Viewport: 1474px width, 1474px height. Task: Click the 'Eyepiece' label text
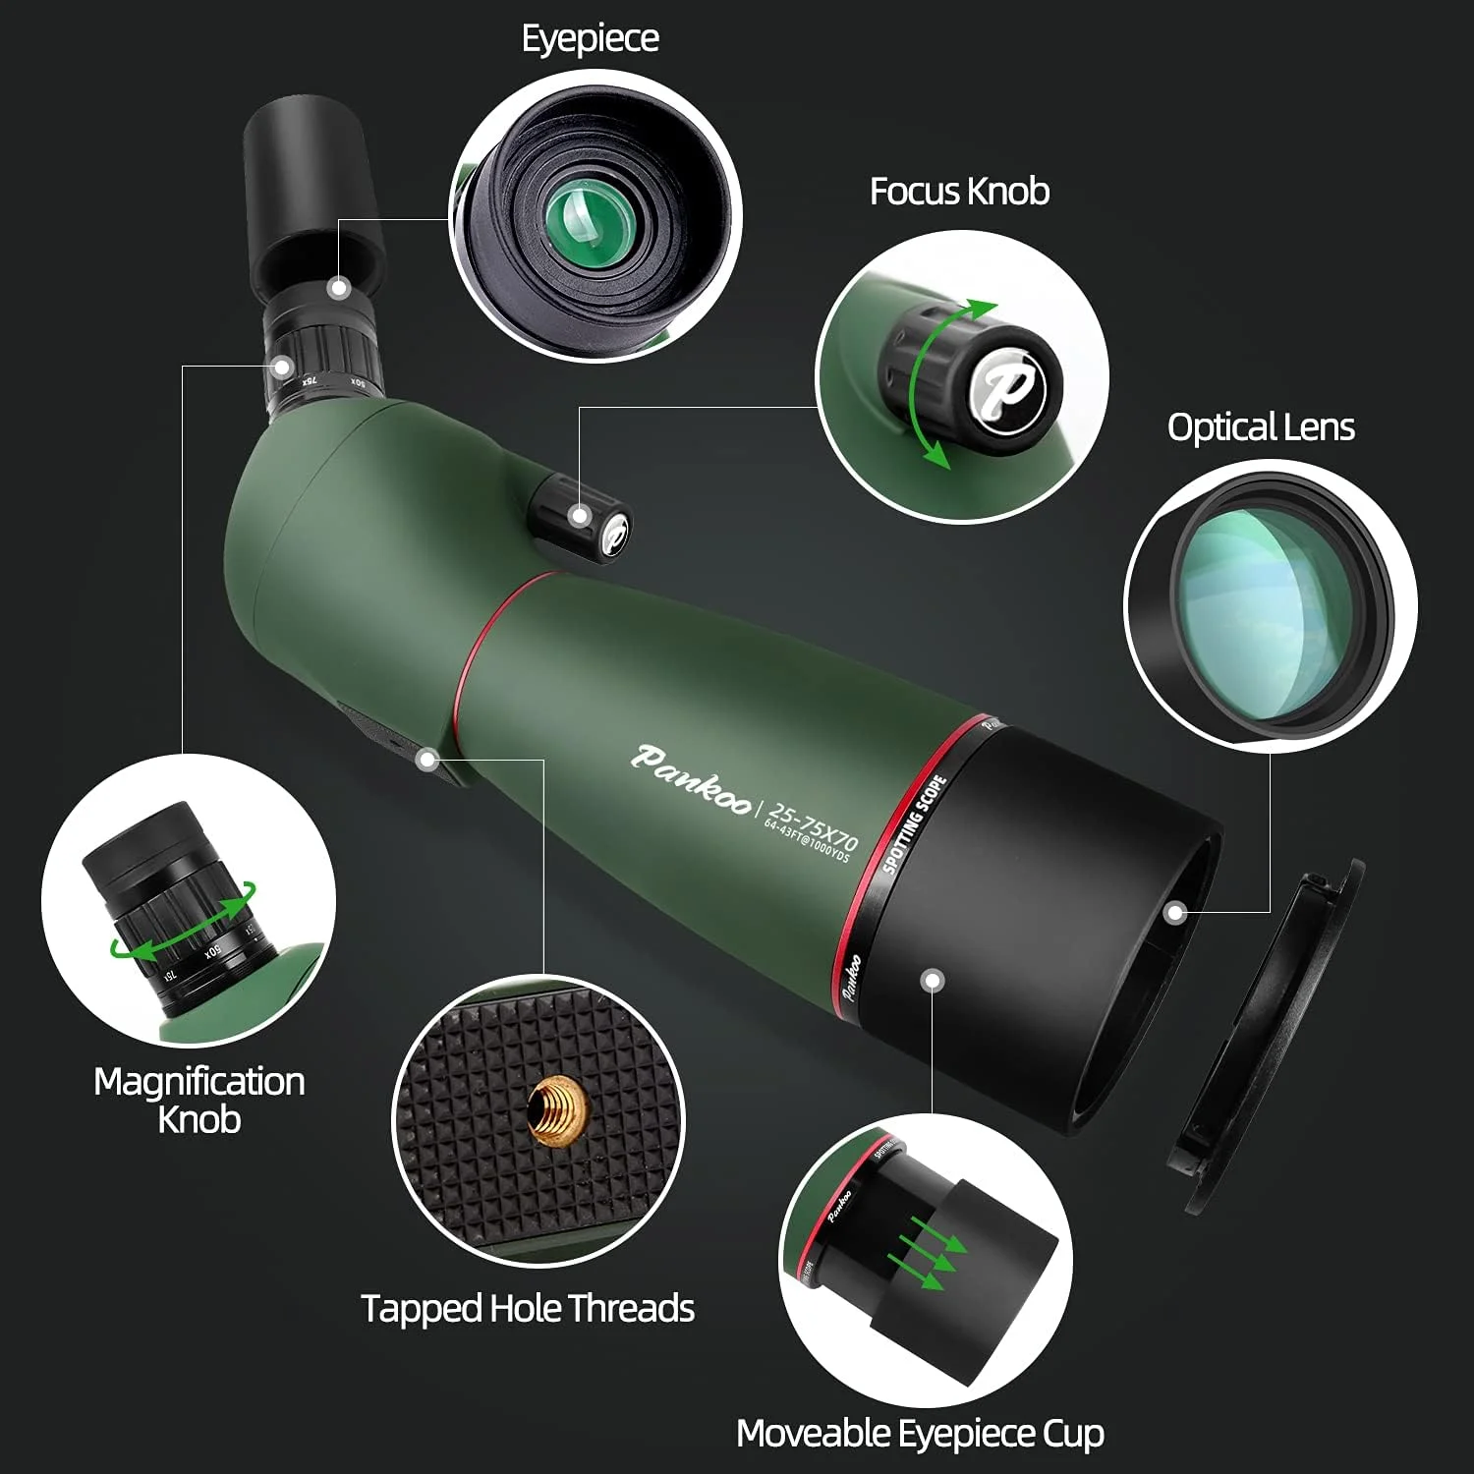590,39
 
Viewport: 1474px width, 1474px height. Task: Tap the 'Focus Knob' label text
959,191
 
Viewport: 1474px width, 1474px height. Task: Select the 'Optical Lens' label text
1261,426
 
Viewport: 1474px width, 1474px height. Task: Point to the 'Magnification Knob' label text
199,1100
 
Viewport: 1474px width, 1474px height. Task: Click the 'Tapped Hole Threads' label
528,1308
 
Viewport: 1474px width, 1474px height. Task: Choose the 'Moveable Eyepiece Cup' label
920,1433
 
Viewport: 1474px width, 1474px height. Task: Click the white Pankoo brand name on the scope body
692,774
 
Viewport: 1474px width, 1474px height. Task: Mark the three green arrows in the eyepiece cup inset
927,1253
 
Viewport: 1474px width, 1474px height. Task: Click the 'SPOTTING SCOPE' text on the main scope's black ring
914,823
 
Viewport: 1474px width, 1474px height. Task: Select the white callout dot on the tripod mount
426,759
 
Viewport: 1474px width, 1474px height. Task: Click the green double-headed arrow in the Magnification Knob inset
184,924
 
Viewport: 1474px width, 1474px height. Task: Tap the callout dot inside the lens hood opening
1174,913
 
